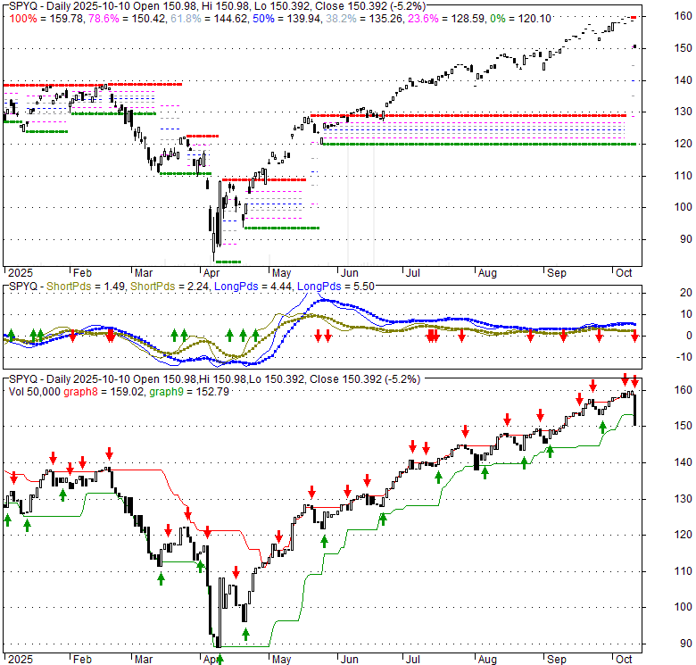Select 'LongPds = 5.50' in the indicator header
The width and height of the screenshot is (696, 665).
328,287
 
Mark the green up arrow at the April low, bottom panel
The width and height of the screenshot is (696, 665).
219,660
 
